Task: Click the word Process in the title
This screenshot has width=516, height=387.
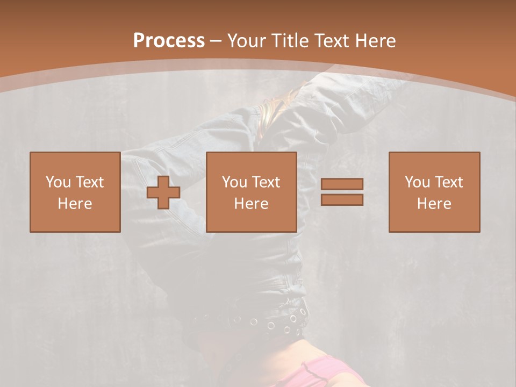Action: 169,41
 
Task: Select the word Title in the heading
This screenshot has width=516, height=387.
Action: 290,41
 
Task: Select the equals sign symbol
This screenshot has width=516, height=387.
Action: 342,192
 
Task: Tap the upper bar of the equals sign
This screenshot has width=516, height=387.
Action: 342,184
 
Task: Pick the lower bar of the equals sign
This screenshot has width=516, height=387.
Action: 342,199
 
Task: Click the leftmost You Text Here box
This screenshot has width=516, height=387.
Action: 75,192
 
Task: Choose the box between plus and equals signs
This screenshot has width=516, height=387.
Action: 252,192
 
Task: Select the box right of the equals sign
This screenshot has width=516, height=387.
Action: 434,192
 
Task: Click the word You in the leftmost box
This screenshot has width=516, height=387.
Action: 58,182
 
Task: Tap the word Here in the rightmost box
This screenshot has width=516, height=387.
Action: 434,204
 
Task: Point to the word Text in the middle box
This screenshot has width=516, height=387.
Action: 266,182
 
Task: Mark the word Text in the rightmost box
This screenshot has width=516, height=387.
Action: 448,182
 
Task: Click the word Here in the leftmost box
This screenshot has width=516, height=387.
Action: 75,204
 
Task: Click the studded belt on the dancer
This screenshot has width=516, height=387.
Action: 269,322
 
